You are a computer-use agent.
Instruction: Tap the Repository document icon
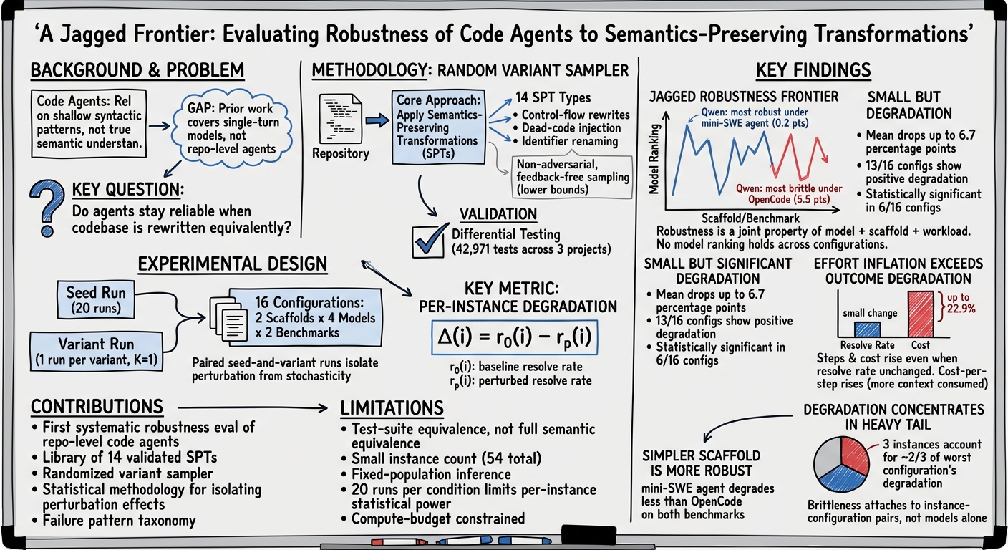point(340,119)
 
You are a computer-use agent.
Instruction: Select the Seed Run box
point(96,300)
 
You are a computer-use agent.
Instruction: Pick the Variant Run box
point(97,352)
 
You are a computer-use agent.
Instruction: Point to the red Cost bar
point(920,314)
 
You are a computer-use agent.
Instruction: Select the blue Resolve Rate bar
point(867,329)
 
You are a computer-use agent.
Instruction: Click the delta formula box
point(514,337)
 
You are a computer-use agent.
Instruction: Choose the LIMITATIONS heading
point(392,408)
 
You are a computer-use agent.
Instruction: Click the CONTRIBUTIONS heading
point(97,407)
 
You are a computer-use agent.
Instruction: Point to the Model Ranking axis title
point(654,159)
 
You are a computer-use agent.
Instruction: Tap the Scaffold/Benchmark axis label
point(750,218)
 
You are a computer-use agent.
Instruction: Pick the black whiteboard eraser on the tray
point(588,535)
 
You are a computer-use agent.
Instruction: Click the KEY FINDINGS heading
point(813,71)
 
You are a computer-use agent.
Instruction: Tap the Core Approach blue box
point(438,127)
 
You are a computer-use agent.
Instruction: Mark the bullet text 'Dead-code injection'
point(571,128)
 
